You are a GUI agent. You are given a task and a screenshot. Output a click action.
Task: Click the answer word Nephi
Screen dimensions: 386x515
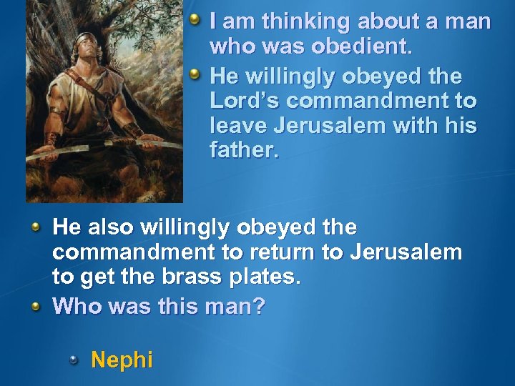(x=122, y=359)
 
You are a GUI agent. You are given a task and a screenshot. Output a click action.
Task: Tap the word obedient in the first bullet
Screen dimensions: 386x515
(x=360, y=48)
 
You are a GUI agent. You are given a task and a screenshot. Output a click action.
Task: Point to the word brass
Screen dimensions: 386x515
(x=215, y=278)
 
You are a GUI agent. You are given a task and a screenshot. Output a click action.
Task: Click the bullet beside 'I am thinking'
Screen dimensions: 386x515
(x=195, y=19)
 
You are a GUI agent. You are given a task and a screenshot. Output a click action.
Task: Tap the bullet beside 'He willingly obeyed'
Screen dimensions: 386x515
(x=195, y=72)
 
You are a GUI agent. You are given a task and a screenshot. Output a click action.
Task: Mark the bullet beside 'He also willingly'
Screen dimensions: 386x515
(x=36, y=227)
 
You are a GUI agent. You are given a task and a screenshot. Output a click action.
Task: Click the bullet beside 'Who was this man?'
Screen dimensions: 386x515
(x=36, y=305)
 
